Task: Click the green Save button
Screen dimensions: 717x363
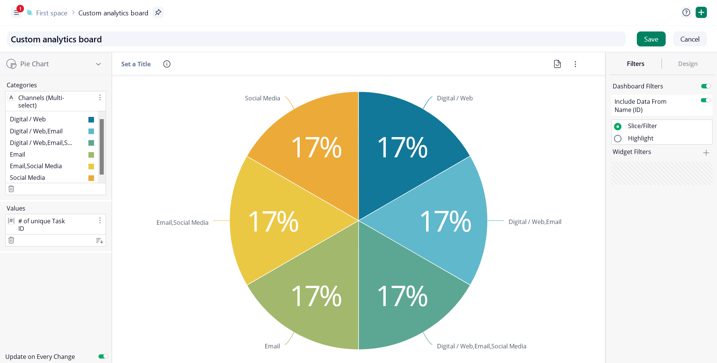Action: [651, 39]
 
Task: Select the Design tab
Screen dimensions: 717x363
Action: [687, 64]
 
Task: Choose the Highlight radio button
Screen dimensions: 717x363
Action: [618, 139]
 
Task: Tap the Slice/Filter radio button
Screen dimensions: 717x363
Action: [618, 127]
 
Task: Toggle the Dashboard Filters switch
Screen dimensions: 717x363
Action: [706, 86]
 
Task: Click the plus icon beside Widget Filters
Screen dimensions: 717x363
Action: [706, 152]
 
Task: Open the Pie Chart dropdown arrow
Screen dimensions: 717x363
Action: [99, 64]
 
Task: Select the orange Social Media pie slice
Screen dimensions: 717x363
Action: [315, 146]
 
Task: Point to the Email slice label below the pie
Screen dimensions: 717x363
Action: [272, 346]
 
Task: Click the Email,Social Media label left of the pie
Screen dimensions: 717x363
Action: [182, 223]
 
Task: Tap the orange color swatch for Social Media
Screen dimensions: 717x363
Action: [91, 178]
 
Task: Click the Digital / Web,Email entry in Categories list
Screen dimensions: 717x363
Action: [36, 131]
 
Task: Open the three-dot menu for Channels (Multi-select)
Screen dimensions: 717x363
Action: [100, 98]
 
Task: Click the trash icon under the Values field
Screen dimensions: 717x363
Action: [11, 240]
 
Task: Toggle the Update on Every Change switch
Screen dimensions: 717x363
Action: [103, 356]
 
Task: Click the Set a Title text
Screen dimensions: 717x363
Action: [136, 64]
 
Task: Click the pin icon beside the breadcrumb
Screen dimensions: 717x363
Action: [158, 12]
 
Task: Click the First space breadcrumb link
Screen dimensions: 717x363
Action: [52, 13]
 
